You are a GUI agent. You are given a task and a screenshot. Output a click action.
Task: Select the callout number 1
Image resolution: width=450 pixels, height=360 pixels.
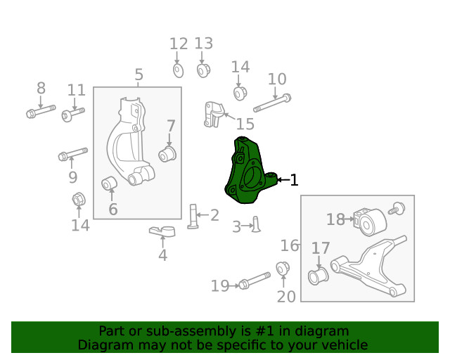click(x=294, y=181)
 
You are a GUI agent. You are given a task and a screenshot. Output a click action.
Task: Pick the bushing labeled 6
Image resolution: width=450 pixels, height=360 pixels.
click(x=110, y=184)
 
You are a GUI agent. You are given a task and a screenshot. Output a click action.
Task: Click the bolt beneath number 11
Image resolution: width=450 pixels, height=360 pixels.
click(x=72, y=113)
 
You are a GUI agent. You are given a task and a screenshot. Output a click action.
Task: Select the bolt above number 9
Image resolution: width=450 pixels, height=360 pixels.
click(x=72, y=153)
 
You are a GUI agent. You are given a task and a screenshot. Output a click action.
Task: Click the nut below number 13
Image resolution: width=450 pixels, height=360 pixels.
click(x=203, y=70)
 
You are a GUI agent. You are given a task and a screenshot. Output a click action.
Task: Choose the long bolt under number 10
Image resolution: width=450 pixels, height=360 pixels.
click(x=272, y=103)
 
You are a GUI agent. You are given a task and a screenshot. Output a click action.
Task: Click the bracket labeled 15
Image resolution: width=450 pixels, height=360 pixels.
click(x=214, y=113)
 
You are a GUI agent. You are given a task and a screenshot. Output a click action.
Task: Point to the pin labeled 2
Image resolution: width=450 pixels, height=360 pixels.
click(x=194, y=216)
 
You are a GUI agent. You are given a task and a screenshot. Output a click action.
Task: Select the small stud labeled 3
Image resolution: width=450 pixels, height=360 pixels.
click(x=256, y=224)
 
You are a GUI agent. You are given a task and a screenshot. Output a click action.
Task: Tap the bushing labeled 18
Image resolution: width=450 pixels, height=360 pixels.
click(x=370, y=222)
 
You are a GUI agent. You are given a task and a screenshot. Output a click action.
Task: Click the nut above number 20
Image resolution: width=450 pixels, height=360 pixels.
click(x=284, y=269)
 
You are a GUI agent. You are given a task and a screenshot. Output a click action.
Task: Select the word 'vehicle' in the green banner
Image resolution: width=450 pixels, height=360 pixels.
click(x=345, y=345)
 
